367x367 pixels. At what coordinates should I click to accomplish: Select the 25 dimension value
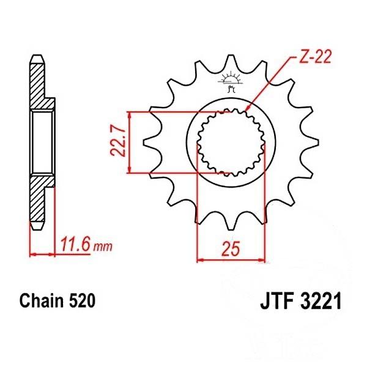tap(231, 250)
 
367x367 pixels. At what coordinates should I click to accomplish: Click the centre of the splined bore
tap(231, 144)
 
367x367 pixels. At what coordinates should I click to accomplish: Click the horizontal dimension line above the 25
tap(231, 261)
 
